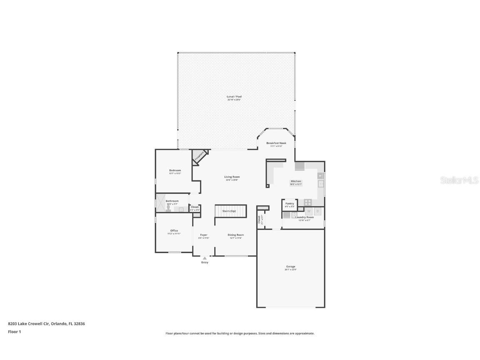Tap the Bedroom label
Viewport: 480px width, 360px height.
tap(175, 170)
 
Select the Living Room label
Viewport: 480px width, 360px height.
tap(232, 177)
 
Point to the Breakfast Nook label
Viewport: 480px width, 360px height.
tap(276, 143)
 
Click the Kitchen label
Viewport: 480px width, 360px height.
tap(296, 181)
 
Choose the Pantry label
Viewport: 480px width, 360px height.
tap(290, 203)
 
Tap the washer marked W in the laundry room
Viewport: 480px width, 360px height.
tap(309, 211)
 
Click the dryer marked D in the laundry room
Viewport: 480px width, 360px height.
tap(317, 211)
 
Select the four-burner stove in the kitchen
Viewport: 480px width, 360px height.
tap(308, 202)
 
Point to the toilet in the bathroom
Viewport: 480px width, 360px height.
tap(168, 209)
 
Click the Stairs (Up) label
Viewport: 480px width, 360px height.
tap(229, 211)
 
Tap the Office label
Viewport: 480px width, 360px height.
tap(174, 230)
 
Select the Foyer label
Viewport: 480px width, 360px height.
tap(204, 235)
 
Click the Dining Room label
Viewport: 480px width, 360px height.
tap(236, 235)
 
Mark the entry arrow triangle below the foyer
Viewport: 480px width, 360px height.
tap(205, 258)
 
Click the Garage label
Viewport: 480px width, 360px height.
tap(290, 266)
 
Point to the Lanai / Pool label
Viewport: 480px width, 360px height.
tap(234, 97)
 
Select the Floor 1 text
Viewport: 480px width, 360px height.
tap(14, 332)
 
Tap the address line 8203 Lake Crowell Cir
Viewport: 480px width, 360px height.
tap(46, 323)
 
